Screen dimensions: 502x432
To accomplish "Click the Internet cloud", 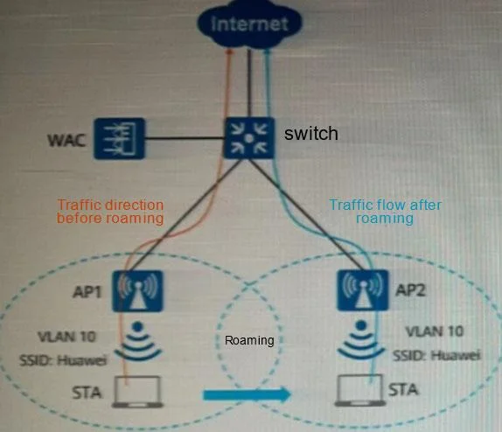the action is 250,24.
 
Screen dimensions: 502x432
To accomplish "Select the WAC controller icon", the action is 119,138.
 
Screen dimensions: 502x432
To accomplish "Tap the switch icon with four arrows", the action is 249,138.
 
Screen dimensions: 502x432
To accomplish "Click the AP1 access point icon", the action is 137,291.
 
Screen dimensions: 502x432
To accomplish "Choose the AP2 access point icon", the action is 363,290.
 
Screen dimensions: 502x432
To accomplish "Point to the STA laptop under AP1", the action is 137,392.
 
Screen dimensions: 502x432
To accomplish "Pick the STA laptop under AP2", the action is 360,390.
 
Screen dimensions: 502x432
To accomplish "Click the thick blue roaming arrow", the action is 248,394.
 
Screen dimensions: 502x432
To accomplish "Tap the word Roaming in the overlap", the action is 249,340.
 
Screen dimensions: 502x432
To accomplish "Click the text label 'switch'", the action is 310,133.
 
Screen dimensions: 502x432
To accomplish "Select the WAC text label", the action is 66,140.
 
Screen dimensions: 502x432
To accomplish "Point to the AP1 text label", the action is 87,292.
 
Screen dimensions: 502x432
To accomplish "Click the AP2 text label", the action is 411,289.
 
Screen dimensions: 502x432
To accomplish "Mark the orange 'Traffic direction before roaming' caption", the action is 110,212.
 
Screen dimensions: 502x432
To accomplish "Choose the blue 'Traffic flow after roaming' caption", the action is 385,212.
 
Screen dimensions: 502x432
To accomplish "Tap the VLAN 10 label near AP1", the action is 66,337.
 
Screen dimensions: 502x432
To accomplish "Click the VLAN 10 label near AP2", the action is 435,331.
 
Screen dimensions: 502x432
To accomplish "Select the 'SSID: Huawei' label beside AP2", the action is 436,355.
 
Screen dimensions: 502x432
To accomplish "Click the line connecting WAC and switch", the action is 184,138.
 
